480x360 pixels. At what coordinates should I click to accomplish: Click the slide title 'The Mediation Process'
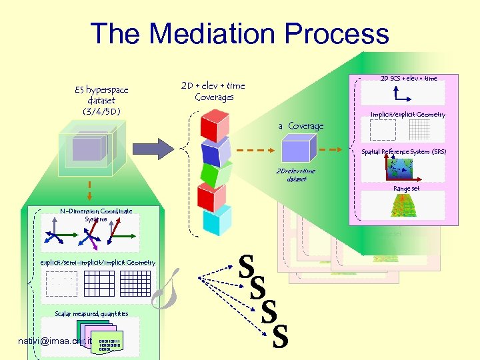click(239, 34)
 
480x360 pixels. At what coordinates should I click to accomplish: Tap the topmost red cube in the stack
click(214, 125)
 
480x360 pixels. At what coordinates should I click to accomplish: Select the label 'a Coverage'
click(301, 126)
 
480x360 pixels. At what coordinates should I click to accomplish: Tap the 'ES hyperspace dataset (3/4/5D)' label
click(101, 100)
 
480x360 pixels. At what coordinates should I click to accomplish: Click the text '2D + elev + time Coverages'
click(213, 91)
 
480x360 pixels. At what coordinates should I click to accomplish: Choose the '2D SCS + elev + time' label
click(409, 78)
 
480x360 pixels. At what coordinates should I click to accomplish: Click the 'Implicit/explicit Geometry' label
click(407, 115)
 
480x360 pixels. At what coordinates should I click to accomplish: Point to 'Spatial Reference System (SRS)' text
click(403, 152)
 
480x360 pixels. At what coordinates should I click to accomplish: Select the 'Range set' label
click(406, 189)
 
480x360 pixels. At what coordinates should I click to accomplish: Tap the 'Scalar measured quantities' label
click(91, 313)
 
